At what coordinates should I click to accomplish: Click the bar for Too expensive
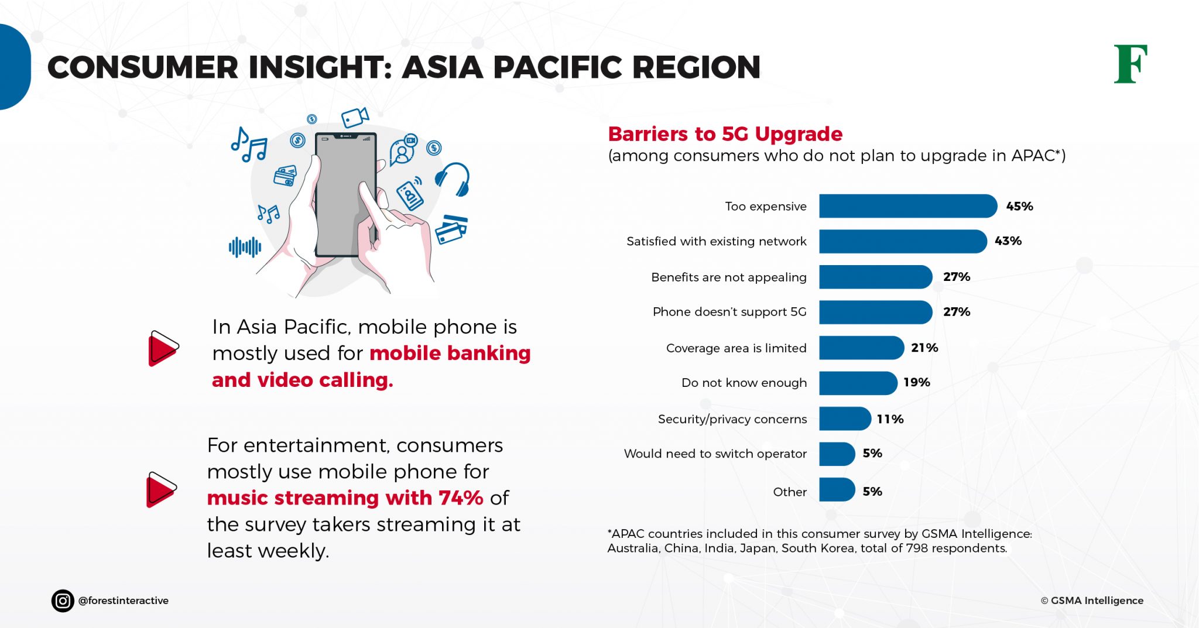907,206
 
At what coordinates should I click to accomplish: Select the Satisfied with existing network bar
902,241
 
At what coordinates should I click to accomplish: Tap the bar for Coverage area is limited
861,348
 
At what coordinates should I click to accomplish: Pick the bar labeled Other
837,490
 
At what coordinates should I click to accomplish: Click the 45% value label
1019,206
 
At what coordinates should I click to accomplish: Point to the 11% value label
890,419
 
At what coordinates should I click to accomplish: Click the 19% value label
916,382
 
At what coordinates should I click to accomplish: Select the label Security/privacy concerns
732,419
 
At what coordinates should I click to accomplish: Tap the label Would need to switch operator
715,454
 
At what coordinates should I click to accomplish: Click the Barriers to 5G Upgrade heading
725,134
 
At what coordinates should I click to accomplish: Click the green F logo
1130,64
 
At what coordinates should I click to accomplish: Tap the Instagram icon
63,600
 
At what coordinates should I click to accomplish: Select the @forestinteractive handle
123,600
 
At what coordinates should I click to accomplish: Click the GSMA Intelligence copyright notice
1092,600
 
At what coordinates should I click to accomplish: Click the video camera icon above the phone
355,117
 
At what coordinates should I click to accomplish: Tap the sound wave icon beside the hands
245,247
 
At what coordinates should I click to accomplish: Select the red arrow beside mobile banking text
163,348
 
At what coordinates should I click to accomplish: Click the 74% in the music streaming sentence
461,498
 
